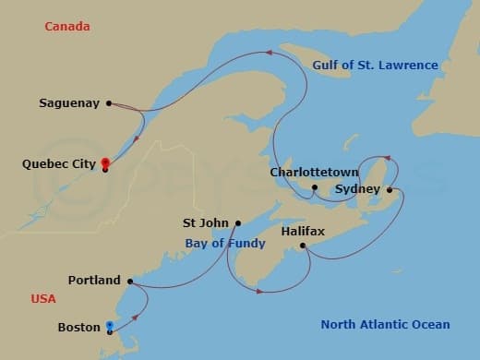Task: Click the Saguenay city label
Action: [x=70, y=103]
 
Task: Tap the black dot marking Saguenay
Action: [x=109, y=103]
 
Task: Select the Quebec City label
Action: [x=58, y=163]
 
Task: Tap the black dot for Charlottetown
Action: [x=315, y=187]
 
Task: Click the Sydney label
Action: [x=357, y=189]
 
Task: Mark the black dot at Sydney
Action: [x=389, y=190]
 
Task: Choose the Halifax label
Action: [x=303, y=231]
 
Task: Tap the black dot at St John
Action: [x=238, y=222]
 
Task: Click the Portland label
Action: [x=94, y=280]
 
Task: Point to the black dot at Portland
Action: [x=130, y=281]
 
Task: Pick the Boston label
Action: [x=79, y=327]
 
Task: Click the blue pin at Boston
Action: [x=111, y=325]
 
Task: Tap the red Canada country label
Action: [x=67, y=27]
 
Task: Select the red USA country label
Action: [x=43, y=299]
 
